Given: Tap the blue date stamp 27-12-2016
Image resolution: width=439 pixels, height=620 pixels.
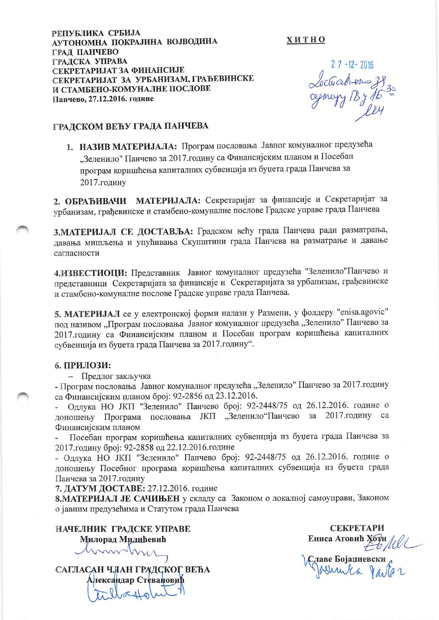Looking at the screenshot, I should click(352, 65).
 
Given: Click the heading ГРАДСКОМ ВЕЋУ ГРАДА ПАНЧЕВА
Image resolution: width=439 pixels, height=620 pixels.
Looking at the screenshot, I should click(131, 126).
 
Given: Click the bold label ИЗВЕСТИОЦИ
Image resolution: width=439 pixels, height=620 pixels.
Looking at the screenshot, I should click(91, 273).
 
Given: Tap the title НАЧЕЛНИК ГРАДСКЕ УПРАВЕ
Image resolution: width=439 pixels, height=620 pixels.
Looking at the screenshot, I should click(123, 529).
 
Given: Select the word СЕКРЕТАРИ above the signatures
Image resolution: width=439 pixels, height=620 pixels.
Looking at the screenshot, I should click(357, 528).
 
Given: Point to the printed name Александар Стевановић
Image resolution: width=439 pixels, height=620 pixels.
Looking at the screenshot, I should click(136, 580).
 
